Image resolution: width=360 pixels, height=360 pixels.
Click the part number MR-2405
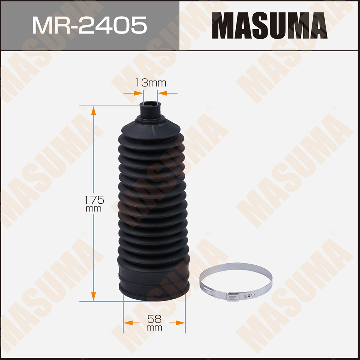click(x=90, y=25)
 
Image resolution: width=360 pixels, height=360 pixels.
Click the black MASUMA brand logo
click(x=269, y=26)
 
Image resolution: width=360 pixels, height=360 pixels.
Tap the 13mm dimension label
click(x=151, y=83)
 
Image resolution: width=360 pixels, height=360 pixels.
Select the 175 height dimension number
click(x=94, y=200)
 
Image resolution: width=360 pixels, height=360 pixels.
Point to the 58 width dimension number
click(x=154, y=319)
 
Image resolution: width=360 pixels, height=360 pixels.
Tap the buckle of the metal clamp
click(x=233, y=298)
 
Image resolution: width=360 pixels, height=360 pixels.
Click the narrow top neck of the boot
click(x=150, y=110)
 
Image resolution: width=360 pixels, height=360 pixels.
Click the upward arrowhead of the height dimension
click(x=93, y=110)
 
